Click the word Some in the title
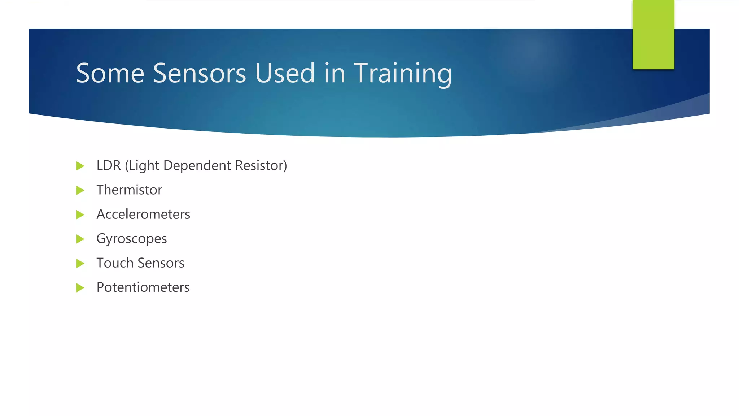pyautogui.click(x=110, y=73)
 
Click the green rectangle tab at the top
pyautogui.click(x=653, y=34)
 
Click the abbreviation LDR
pyautogui.click(x=108, y=166)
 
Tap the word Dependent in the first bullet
pyautogui.click(x=197, y=166)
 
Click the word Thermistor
pyautogui.click(x=129, y=190)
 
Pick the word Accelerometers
pyautogui.click(x=143, y=214)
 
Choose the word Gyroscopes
pyautogui.click(x=131, y=239)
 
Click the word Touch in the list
pyautogui.click(x=115, y=263)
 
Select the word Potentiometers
pyautogui.click(x=143, y=287)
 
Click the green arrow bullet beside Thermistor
pyautogui.click(x=80, y=190)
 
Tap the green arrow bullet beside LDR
pyautogui.click(x=80, y=166)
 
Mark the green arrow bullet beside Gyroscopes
pyautogui.click(x=80, y=239)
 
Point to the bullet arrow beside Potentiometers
pyautogui.click(x=80, y=288)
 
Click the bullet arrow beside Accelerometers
pyautogui.click(x=80, y=215)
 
